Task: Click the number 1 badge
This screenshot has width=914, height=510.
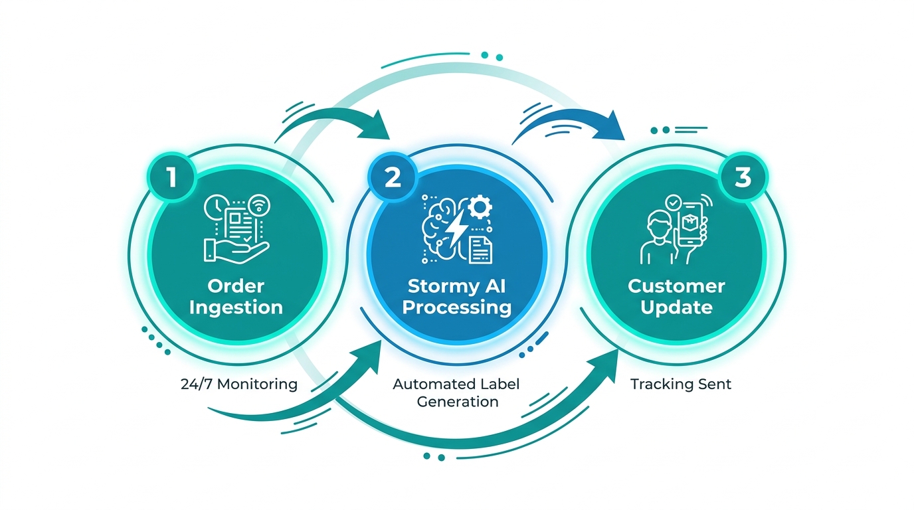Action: click(x=171, y=178)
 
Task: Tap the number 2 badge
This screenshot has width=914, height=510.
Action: click(x=392, y=178)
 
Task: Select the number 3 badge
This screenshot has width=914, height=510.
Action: click(x=742, y=177)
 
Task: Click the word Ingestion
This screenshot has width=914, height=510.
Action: click(x=236, y=307)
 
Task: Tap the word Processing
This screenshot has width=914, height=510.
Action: click(x=457, y=307)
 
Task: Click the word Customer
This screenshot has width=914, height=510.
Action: click(x=676, y=286)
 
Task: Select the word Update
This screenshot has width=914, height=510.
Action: click(x=676, y=307)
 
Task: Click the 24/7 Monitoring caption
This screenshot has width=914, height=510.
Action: click(x=238, y=384)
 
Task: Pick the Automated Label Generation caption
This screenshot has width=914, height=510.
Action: click(x=456, y=392)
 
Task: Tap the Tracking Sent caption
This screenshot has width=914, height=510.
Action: click(x=680, y=384)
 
